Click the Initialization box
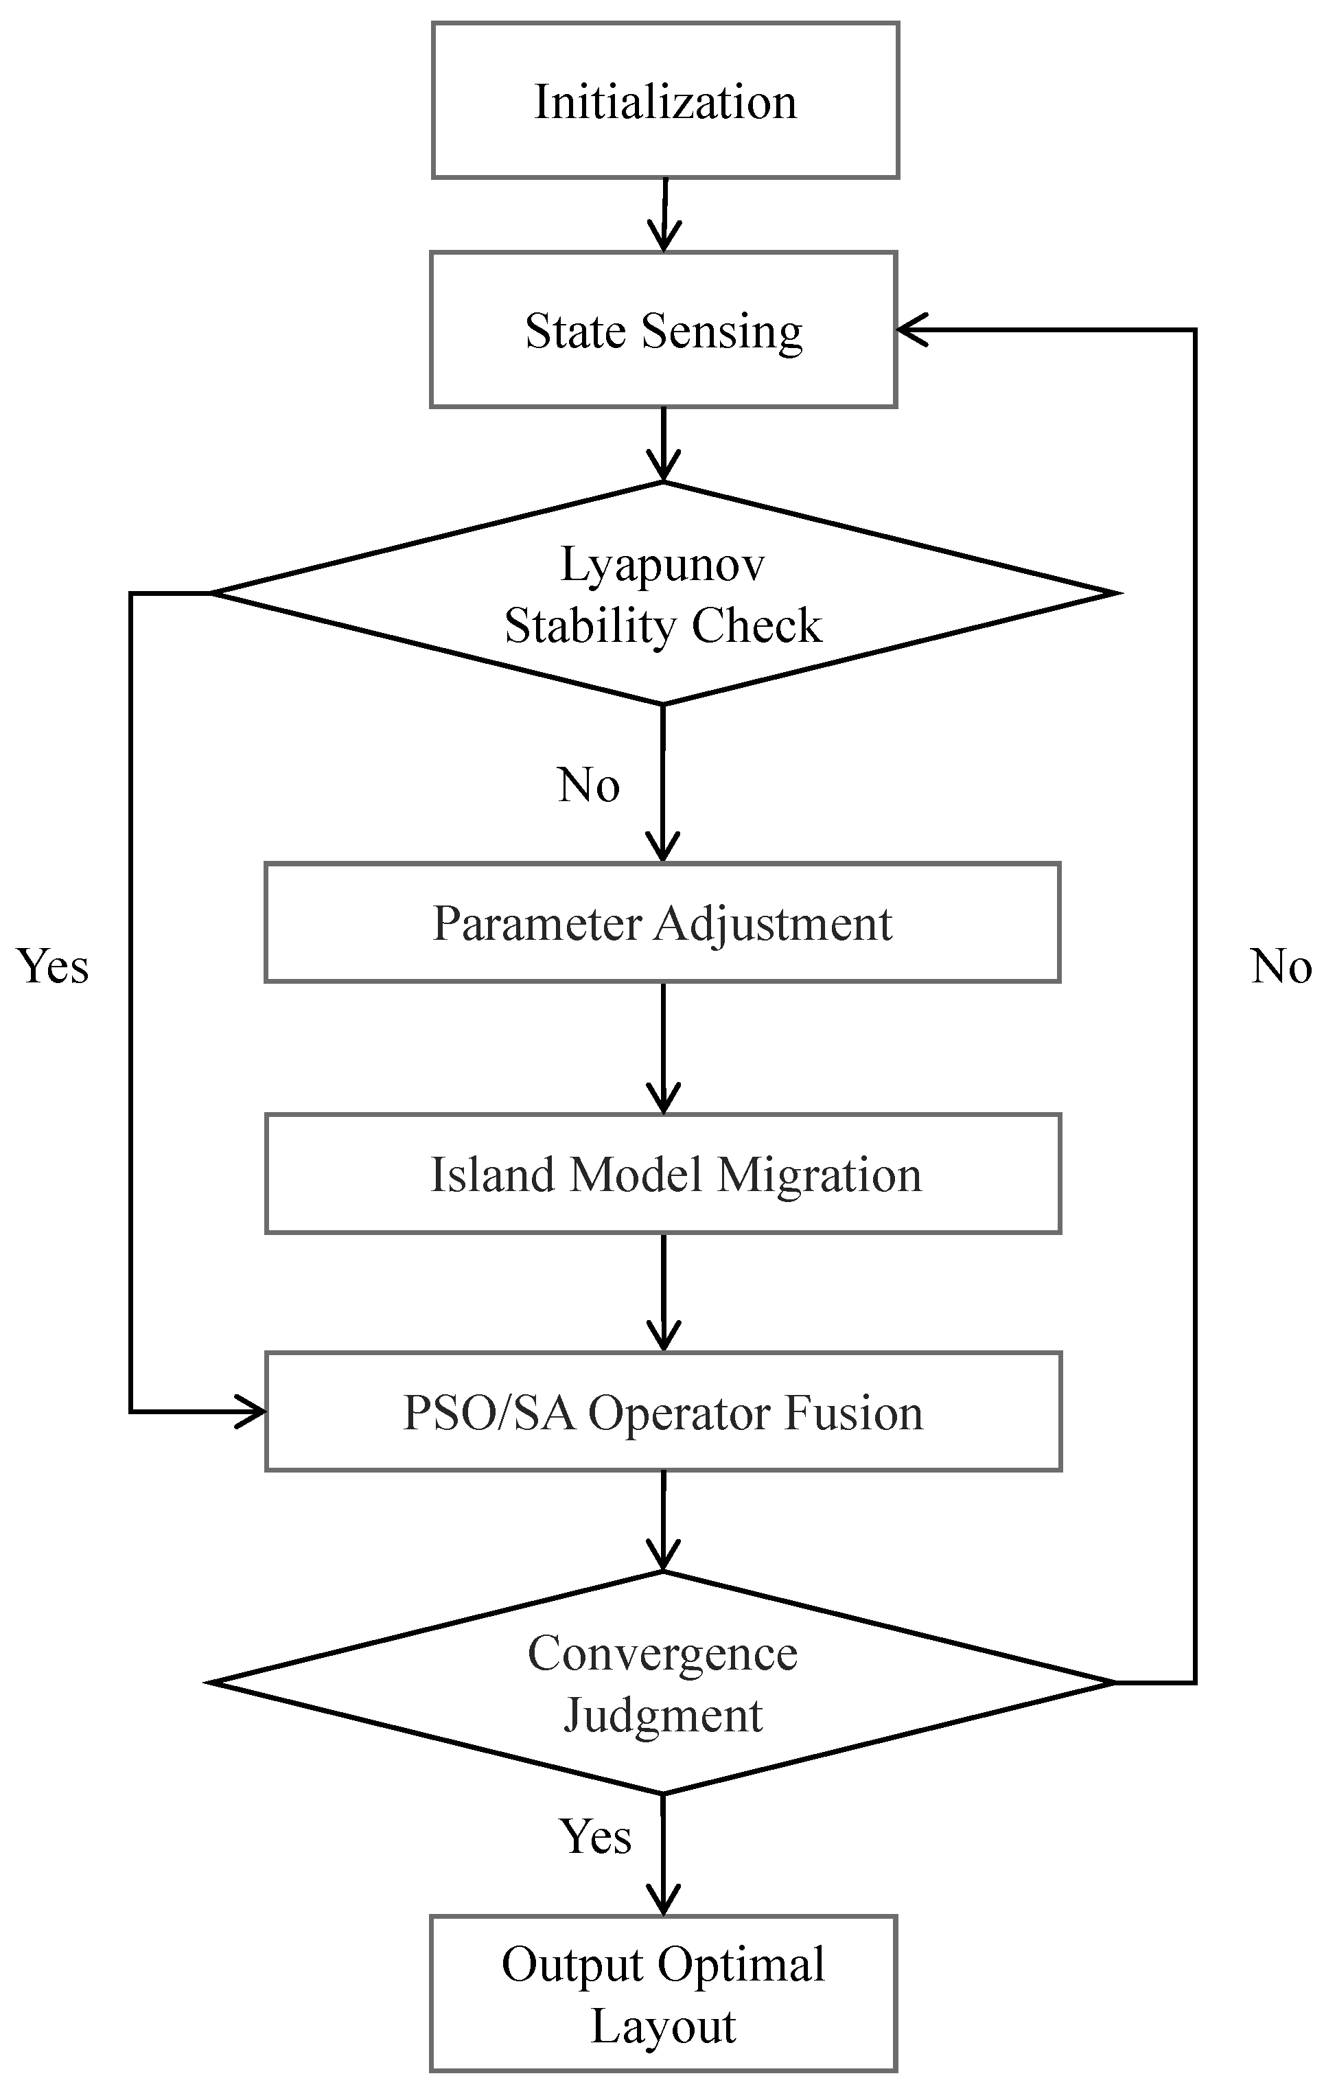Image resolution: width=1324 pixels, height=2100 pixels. [x=664, y=100]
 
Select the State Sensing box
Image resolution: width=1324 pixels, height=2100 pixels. [x=663, y=330]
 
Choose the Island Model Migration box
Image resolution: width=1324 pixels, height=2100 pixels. [x=663, y=1174]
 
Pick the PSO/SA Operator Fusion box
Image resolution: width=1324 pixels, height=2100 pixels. [x=663, y=1412]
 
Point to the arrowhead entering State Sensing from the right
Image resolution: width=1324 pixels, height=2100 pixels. [x=911, y=330]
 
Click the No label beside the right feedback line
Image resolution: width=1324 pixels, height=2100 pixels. [x=1280, y=967]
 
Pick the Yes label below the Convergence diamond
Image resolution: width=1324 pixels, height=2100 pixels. [x=595, y=1836]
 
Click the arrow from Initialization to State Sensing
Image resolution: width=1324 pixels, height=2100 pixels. [x=664, y=215]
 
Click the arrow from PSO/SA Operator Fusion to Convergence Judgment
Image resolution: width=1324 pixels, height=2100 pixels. [x=663, y=1522]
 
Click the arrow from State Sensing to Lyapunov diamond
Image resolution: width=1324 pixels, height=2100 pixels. [x=663, y=444]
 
